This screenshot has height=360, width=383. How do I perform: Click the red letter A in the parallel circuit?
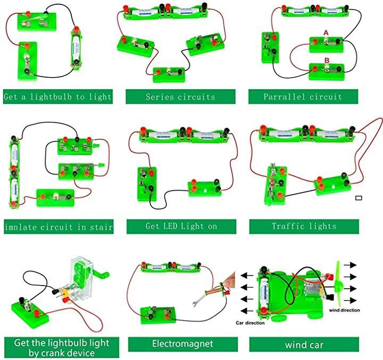tap(326, 33)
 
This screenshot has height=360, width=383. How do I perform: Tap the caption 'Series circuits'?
tap(180, 97)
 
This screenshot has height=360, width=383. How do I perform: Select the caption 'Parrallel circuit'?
tap(303, 97)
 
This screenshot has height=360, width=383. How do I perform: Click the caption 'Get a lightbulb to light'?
tap(57, 97)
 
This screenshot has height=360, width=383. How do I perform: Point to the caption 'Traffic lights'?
tap(304, 226)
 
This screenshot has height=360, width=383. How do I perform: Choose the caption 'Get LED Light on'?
tap(181, 226)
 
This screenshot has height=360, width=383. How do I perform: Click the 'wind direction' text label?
tap(344, 310)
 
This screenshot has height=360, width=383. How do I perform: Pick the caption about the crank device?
tap(58, 348)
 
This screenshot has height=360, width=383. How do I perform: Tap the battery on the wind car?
tap(263, 292)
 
